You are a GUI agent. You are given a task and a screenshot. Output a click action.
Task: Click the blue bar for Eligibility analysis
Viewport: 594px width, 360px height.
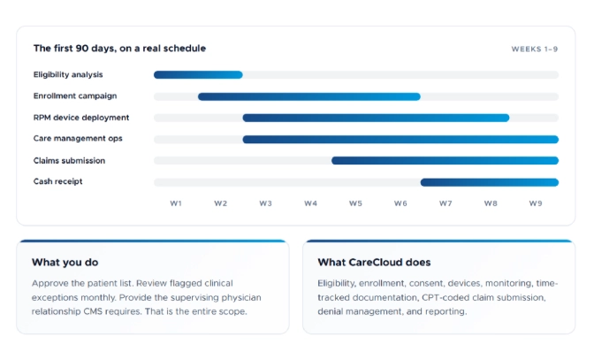[x=198, y=75]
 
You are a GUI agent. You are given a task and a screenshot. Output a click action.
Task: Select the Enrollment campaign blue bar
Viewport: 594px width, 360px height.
[x=309, y=96]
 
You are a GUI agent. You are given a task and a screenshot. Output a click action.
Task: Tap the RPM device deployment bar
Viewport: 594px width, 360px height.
[x=376, y=118]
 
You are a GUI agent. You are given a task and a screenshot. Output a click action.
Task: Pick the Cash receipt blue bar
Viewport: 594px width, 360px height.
[x=489, y=182]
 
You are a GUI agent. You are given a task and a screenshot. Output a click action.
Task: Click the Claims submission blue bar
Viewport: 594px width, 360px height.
[x=445, y=161]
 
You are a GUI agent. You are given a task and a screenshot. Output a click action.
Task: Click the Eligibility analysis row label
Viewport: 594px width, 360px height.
[x=69, y=74]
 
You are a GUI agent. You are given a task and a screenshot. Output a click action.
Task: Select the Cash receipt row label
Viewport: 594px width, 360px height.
[x=58, y=181]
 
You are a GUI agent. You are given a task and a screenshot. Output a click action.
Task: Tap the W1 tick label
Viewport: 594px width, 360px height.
[x=176, y=203]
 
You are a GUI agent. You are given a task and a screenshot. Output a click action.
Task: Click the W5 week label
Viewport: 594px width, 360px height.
[x=355, y=203]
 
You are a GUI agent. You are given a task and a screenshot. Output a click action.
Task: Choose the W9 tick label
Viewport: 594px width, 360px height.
[x=536, y=203]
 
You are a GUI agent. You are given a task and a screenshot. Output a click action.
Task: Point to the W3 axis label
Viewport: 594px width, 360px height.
[x=265, y=203]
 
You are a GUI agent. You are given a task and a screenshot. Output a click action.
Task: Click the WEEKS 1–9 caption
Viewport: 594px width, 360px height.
[x=534, y=50]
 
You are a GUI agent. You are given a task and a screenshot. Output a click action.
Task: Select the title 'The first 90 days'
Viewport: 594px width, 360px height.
[x=119, y=49]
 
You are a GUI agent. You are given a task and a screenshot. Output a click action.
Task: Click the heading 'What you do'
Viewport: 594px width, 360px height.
[x=65, y=262]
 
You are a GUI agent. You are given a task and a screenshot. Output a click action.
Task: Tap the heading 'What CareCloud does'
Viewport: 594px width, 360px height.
[x=374, y=262]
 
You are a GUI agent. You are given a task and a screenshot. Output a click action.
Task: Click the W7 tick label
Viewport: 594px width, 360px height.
[x=445, y=203]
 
